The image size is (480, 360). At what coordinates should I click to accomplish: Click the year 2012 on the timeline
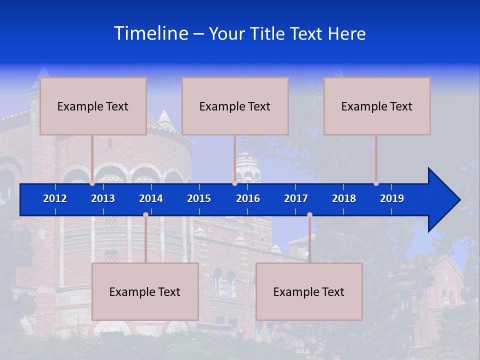click(x=55, y=198)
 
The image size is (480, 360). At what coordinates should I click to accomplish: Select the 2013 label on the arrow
click(x=103, y=198)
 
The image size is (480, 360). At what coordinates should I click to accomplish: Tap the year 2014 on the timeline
click(x=151, y=198)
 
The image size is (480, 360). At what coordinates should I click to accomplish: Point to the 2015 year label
click(x=199, y=198)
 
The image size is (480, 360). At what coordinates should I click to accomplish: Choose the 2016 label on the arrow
click(x=248, y=198)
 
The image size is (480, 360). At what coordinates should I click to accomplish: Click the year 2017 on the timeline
click(x=296, y=198)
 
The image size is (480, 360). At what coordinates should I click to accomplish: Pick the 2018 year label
click(x=344, y=198)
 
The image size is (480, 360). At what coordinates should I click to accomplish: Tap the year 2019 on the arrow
click(x=392, y=198)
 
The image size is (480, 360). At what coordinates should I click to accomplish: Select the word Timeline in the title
click(x=150, y=33)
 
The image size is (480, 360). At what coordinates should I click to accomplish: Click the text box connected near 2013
click(x=93, y=106)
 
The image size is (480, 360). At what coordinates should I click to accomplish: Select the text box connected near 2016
click(x=235, y=106)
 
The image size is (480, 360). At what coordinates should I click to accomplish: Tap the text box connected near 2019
click(x=377, y=106)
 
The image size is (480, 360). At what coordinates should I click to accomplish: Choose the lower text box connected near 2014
click(x=145, y=291)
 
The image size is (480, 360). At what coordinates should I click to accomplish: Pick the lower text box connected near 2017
click(x=309, y=291)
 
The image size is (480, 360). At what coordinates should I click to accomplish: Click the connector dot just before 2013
click(x=92, y=183)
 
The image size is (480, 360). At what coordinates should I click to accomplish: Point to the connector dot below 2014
click(x=145, y=215)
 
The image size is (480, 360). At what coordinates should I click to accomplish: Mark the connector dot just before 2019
click(x=376, y=183)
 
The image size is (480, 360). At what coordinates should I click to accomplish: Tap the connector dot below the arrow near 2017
click(x=309, y=215)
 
